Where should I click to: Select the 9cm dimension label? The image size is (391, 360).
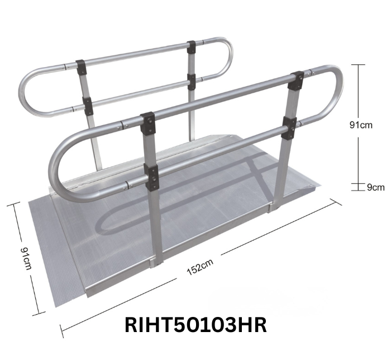pos(375,187)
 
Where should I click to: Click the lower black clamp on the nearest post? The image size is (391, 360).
pos(151,176)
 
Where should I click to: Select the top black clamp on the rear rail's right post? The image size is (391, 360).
pos(192,47)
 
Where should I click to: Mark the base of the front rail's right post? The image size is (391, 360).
pos(275,205)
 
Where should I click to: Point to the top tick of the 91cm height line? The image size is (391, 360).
pos(357,65)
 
